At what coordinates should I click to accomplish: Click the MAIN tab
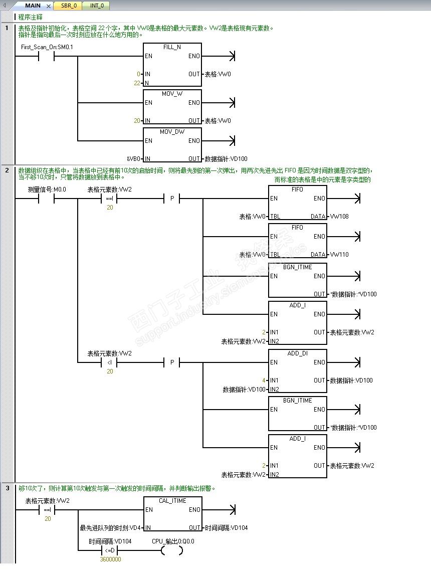click(x=33, y=6)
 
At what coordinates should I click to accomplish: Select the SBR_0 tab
click(x=69, y=6)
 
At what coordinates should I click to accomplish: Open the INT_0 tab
click(x=97, y=6)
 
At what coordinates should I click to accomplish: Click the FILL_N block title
click(x=172, y=47)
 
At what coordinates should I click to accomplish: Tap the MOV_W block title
click(x=172, y=94)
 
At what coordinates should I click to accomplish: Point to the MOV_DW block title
click(x=172, y=132)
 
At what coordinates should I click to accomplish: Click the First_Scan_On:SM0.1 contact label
click(x=47, y=47)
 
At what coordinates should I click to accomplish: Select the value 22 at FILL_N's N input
click(x=137, y=83)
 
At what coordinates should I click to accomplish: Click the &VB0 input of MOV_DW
click(x=133, y=159)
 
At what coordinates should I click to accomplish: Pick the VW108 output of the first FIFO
click(x=339, y=217)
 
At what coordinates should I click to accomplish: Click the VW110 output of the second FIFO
click(x=339, y=254)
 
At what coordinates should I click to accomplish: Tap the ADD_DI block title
click(x=297, y=353)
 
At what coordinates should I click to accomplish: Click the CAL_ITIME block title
click(x=172, y=501)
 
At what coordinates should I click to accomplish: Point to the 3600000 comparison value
click(x=110, y=559)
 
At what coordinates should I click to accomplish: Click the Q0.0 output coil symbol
click(x=172, y=550)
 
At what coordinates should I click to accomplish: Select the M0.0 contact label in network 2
click(x=47, y=189)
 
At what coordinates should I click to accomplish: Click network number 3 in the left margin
click(x=8, y=488)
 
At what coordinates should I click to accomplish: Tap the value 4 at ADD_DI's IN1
click(x=264, y=380)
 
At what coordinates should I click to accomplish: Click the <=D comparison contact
click(x=110, y=550)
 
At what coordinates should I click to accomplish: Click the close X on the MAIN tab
click(x=48, y=6)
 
